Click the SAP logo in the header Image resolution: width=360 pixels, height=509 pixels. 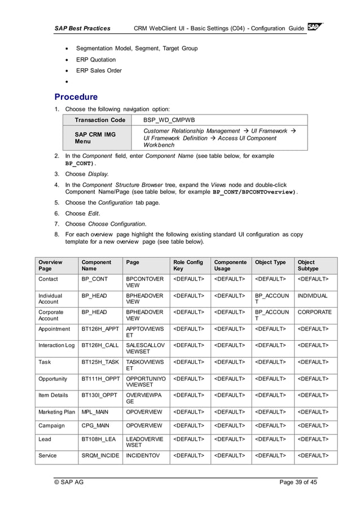pyautogui.click(x=315, y=28)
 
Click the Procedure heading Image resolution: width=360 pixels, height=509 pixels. pyautogui.click(x=76, y=96)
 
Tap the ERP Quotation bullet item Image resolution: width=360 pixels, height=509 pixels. pyautogui.click(x=96, y=60)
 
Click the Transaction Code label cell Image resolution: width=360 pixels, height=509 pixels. pyautogui.click(x=100, y=120)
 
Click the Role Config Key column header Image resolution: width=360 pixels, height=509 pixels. pyautogui.click(x=188, y=266)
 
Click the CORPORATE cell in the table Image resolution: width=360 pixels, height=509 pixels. pyautogui.click(x=314, y=311)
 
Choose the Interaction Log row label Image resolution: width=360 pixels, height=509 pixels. pyautogui.click(x=56, y=345)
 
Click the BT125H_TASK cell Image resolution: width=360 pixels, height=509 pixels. pyautogui.click(x=100, y=362)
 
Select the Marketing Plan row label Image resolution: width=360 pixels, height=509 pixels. pyautogui.click(x=56, y=411)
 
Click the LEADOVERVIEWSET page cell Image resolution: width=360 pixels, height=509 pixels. pyautogui.click(x=144, y=442)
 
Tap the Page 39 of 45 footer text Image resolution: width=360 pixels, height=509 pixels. pyautogui.click(x=298, y=482)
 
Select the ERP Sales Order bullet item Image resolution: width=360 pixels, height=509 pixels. pyautogui.click(x=99, y=71)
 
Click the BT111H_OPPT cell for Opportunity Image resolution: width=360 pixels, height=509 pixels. pyautogui.click(x=100, y=379)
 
